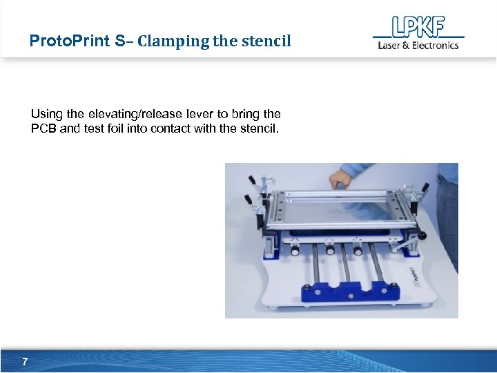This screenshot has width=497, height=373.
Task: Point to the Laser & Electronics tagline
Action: tap(418, 46)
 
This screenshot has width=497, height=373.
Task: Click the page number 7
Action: tap(25, 361)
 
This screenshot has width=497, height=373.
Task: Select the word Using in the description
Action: tap(46, 113)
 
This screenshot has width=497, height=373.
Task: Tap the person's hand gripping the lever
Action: tap(340, 181)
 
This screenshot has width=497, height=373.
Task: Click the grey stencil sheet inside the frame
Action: tap(338, 207)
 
